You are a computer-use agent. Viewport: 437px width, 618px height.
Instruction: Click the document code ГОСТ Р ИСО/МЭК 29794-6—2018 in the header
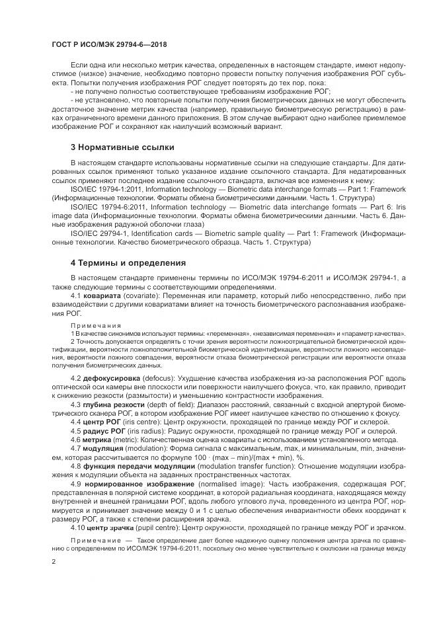[x=100, y=43]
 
